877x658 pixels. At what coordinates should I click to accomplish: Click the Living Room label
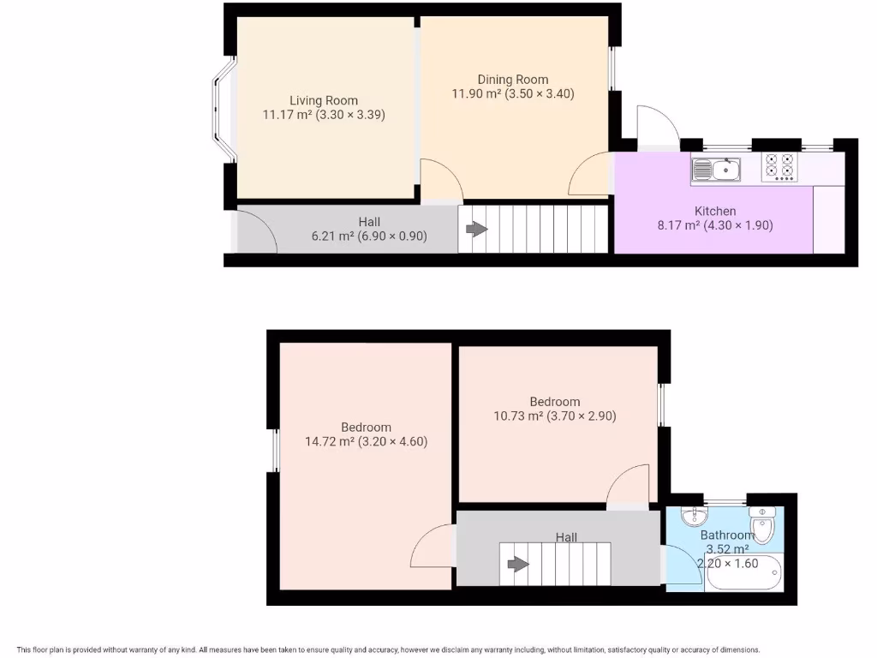click(323, 100)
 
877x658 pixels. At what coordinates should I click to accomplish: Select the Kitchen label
click(714, 211)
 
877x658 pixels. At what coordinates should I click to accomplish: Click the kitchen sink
click(717, 170)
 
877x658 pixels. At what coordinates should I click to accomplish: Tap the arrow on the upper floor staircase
click(517, 564)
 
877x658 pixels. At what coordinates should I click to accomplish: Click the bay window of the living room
click(223, 109)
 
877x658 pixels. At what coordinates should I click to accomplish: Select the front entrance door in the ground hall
click(254, 230)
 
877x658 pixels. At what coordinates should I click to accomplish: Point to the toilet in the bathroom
click(761, 524)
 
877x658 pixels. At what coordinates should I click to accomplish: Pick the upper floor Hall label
click(566, 537)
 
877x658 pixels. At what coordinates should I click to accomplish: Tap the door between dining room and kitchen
click(591, 176)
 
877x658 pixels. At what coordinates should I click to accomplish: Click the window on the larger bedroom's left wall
click(274, 450)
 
